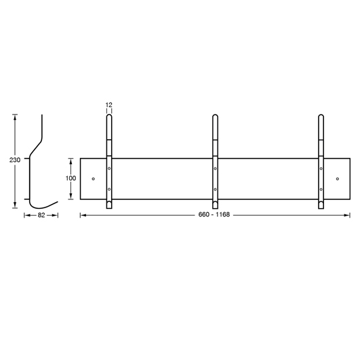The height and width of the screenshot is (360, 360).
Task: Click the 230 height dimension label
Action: coord(15,160)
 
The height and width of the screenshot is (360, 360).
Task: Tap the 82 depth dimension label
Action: coord(41,216)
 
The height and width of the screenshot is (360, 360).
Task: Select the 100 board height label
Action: coord(71,178)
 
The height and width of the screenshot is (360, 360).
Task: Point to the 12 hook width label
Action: coord(109,105)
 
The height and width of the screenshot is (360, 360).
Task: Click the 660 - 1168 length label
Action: coord(214,215)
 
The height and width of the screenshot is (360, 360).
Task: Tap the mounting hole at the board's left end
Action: coord(93,179)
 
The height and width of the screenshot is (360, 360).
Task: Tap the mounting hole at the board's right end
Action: coord(338,179)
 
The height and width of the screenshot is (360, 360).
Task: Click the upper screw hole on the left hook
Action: coord(109,169)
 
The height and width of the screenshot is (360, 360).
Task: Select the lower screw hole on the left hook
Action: coord(109,189)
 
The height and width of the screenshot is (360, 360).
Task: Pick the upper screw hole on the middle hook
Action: coord(215,169)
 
